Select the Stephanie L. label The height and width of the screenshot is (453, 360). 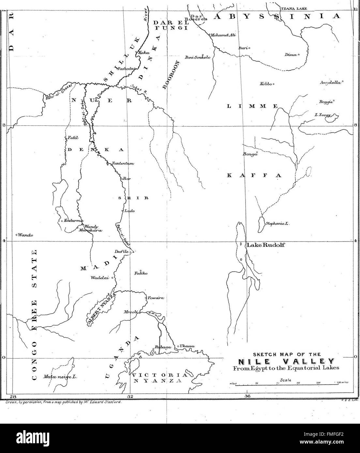[x=278, y=224]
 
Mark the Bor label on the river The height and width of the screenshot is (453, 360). [x=127, y=179]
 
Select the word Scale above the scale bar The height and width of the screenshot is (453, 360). [x=285, y=380]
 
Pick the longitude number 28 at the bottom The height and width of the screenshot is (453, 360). [x=13, y=396]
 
